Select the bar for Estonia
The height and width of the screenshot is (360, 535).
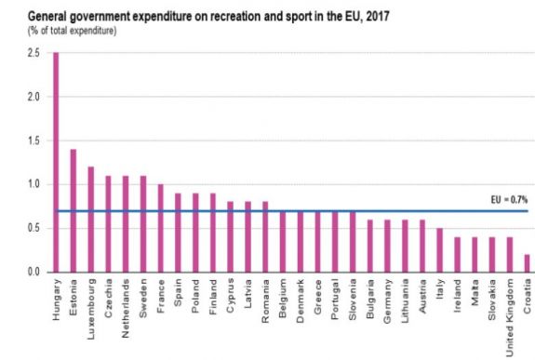(x=73, y=210)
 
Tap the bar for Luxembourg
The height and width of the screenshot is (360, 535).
(x=90, y=220)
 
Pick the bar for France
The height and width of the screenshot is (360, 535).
(x=160, y=228)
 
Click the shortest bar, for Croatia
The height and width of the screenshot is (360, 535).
(x=528, y=263)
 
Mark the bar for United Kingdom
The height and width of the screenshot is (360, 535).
(x=511, y=254)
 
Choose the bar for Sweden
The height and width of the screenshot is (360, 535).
(x=142, y=223)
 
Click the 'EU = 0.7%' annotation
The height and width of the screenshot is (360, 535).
(x=508, y=199)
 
